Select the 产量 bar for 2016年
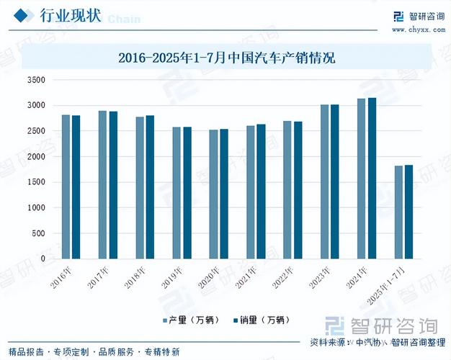click(x=66, y=186)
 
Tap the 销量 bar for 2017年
click(x=113, y=185)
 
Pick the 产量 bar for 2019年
click(x=177, y=193)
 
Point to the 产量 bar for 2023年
click(x=324, y=181)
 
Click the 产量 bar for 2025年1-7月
click(x=398, y=212)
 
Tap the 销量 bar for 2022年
click(x=298, y=190)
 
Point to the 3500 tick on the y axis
click(x=35, y=80)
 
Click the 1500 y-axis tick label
click(x=35, y=182)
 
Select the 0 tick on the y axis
click(x=43, y=258)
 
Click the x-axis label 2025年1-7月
click(x=393, y=282)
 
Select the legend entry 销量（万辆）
click(x=262, y=320)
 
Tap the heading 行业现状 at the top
click(x=70, y=16)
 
